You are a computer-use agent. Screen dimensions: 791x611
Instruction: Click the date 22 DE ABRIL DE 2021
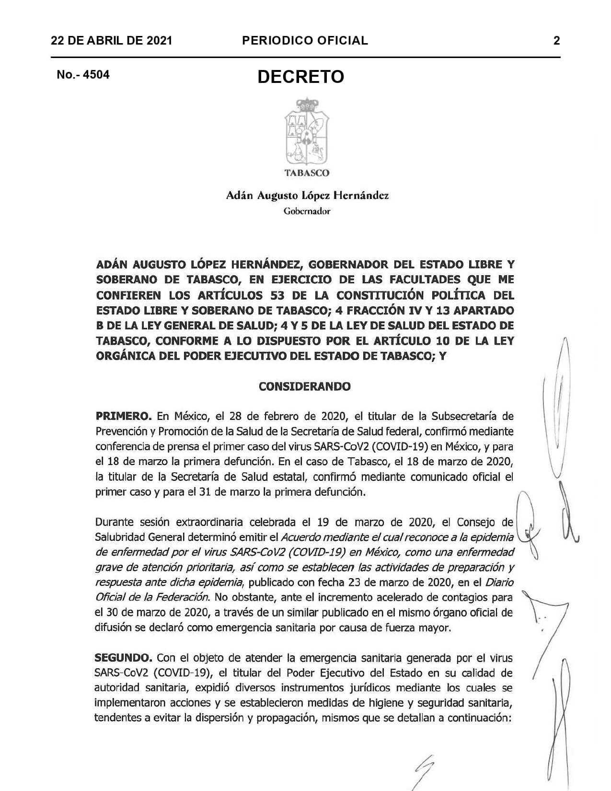(x=111, y=41)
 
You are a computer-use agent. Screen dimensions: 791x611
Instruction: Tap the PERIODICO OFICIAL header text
(x=305, y=41)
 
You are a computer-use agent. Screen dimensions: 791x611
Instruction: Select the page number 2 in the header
(x=556, y=41)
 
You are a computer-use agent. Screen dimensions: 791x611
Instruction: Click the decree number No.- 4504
(x=83, y=75)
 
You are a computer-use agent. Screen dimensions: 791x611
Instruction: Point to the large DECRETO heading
(x=300, y=77)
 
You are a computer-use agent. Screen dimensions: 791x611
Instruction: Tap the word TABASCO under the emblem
(x=307, y=173)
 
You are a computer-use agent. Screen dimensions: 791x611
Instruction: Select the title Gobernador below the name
(x=307, y=211)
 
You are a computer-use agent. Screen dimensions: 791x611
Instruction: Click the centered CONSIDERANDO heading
(x=304, y=386)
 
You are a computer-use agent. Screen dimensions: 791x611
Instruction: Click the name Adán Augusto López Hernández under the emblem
(x=307, y=196)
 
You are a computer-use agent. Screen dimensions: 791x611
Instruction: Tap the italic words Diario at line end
(x=499, y=582)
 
